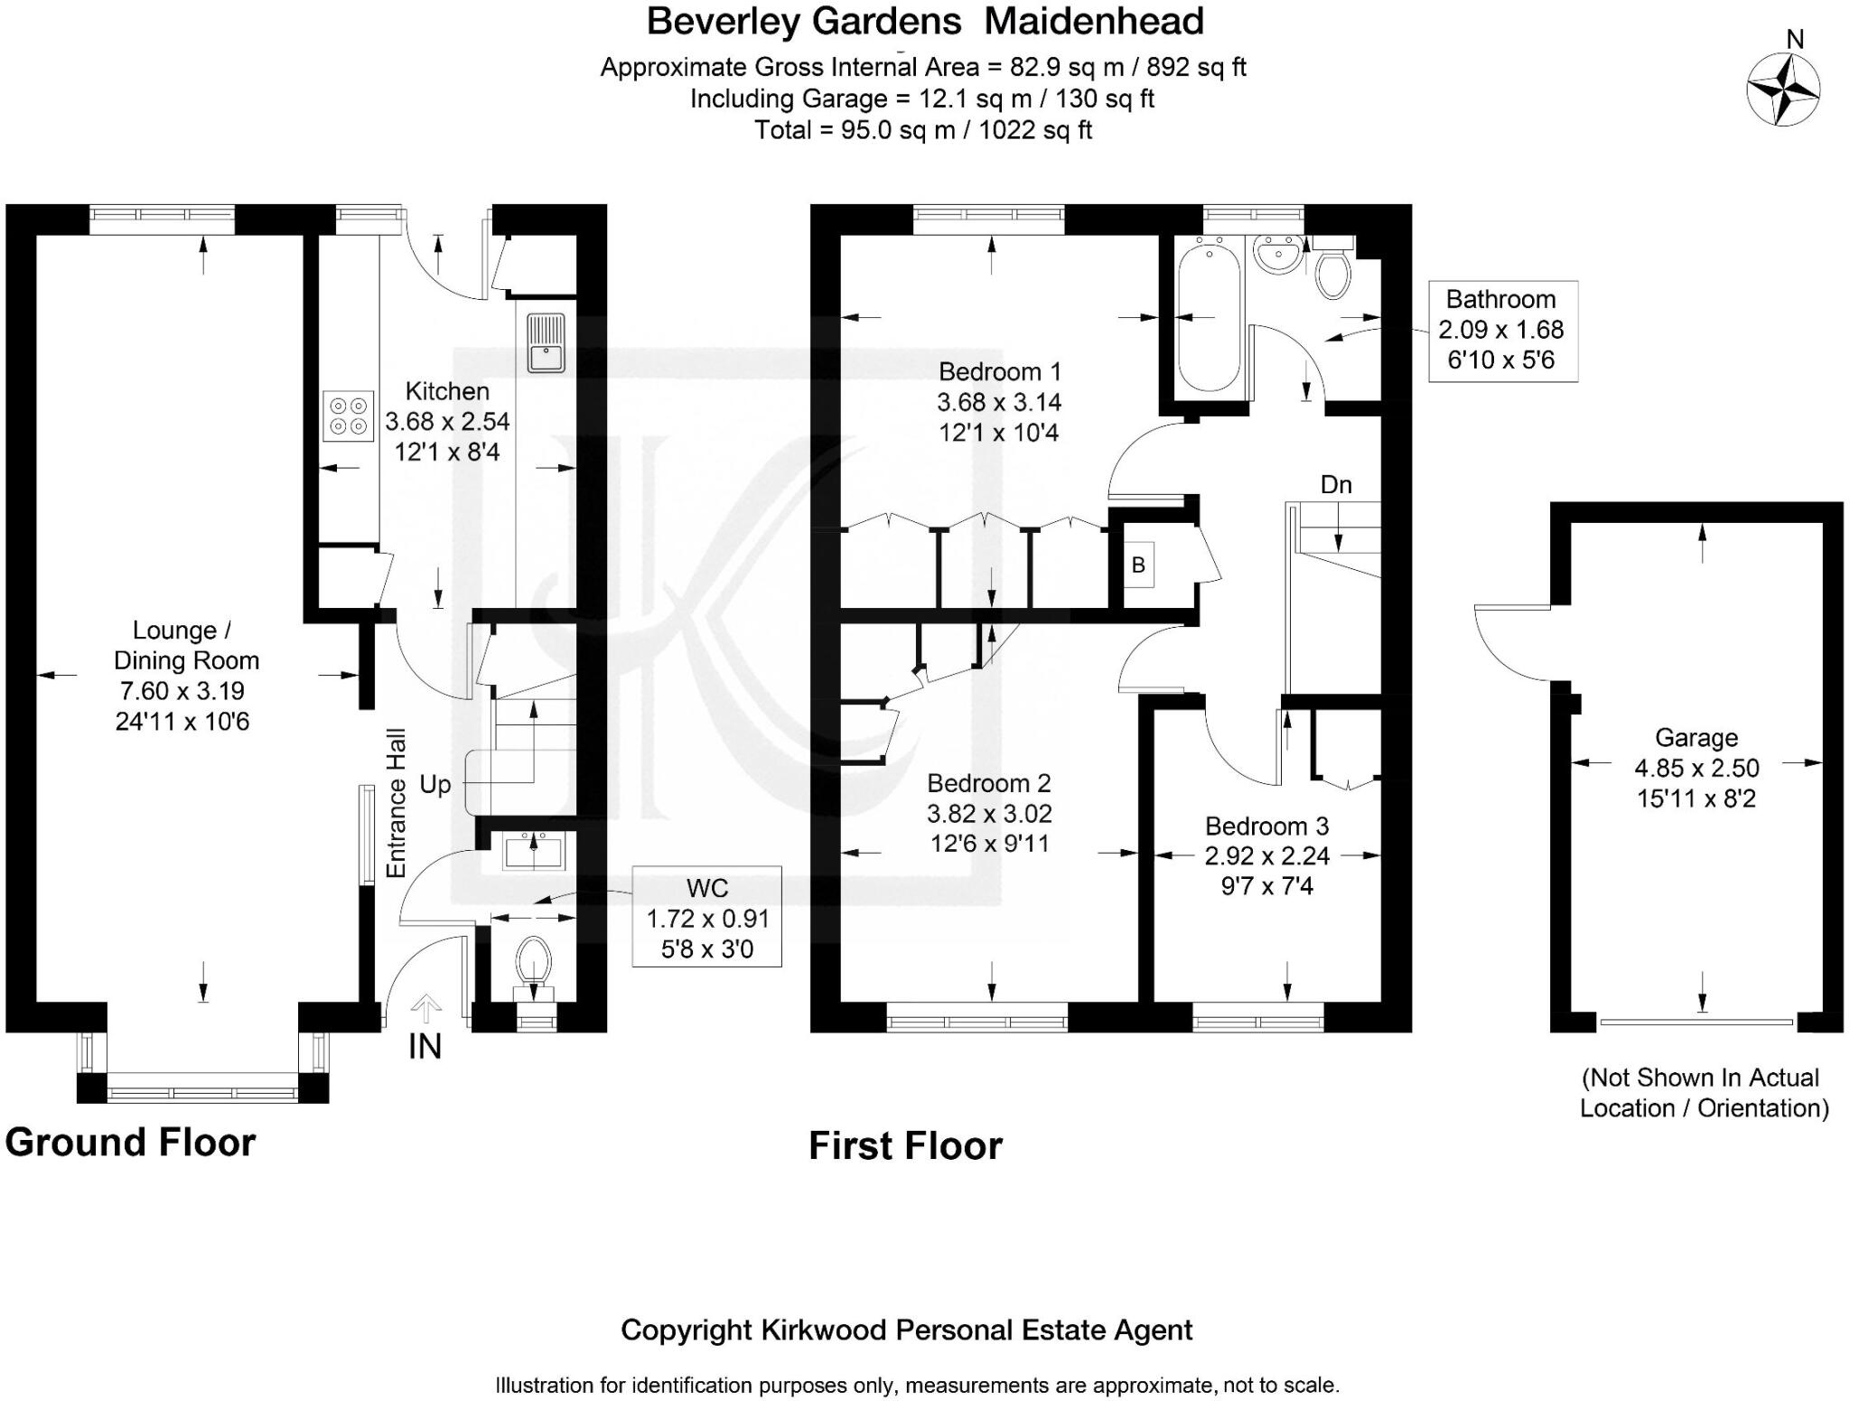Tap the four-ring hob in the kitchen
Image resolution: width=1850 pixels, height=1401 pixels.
click(x=349, y=416)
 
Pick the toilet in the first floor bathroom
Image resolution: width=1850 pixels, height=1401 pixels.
click(x=1333, y=272)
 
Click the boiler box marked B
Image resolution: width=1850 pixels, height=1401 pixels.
click(x=1138, y=565)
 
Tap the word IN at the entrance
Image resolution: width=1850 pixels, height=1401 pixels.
click(x=425, y=1047)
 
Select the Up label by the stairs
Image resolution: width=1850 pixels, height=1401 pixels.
click(x=435, y=784)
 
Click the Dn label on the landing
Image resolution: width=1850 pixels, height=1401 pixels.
click(x=1336, y=485)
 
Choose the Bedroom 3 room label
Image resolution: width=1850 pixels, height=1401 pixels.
click(x=1266, y=826)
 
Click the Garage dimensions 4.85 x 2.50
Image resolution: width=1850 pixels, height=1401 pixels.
click(x=1696, y=769)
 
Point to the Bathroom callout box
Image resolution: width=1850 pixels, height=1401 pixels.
click(x=1501, y=331)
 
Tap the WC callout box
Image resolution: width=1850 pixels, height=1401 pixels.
click(x=706, y=918)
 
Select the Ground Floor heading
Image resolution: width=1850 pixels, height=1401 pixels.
click(x=130, y=1143)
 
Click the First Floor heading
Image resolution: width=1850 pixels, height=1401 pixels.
click(x=905, y=1146)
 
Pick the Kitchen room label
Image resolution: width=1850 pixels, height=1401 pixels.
click(x=447, y=391)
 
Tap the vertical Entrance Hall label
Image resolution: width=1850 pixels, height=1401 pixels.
click(x=396, y=803)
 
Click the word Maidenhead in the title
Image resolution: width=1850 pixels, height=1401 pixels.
click(x=1094, y=22)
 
